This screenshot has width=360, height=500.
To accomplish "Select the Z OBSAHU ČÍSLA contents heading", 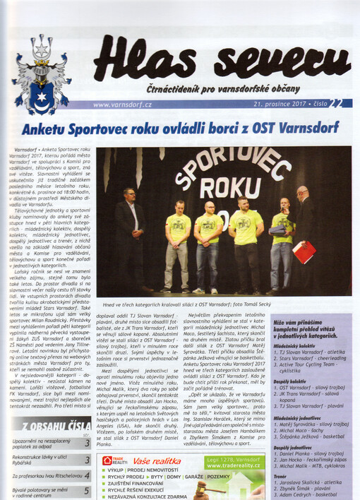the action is pyautogui.click(x=52, y=426).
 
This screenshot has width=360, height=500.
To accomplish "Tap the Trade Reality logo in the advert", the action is pyautogui.click(x=114, y=461).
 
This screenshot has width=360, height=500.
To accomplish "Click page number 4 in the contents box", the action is pyautogui.click(x=87, y=475).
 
